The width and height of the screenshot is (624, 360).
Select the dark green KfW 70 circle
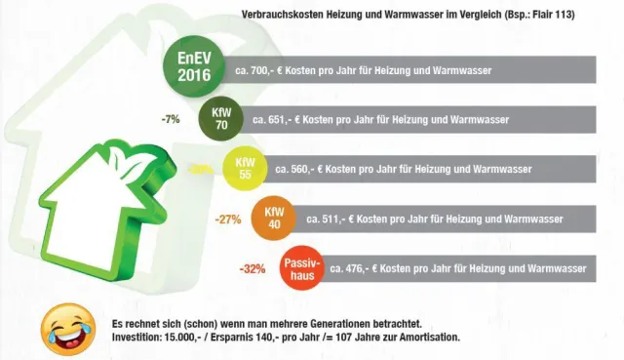coord(220,119)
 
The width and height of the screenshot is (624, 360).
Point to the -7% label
coord(172,119)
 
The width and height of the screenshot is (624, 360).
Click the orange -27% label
coord(227,220)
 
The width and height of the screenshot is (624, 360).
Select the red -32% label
coord(252,268)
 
